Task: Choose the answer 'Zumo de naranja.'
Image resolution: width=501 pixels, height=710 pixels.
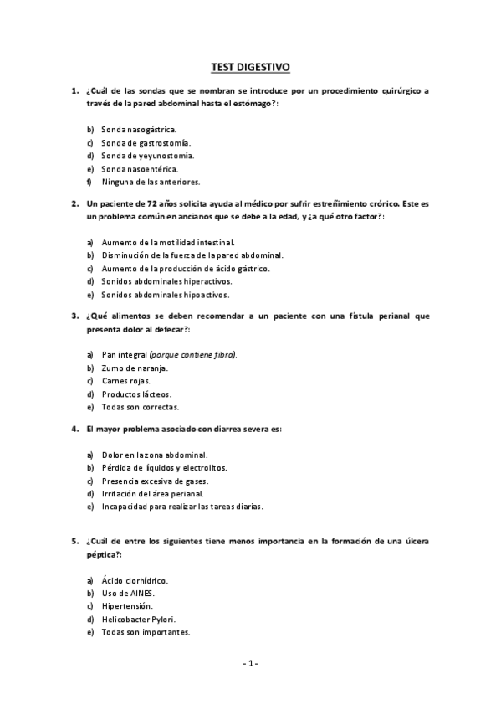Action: [x=135, y=368]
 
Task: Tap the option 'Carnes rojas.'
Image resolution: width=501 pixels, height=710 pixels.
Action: [x=125, y=381]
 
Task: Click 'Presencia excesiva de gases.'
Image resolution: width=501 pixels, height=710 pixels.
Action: [x=155, y=481]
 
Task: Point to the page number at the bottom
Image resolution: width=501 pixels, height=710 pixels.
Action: [x=250, y=664]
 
